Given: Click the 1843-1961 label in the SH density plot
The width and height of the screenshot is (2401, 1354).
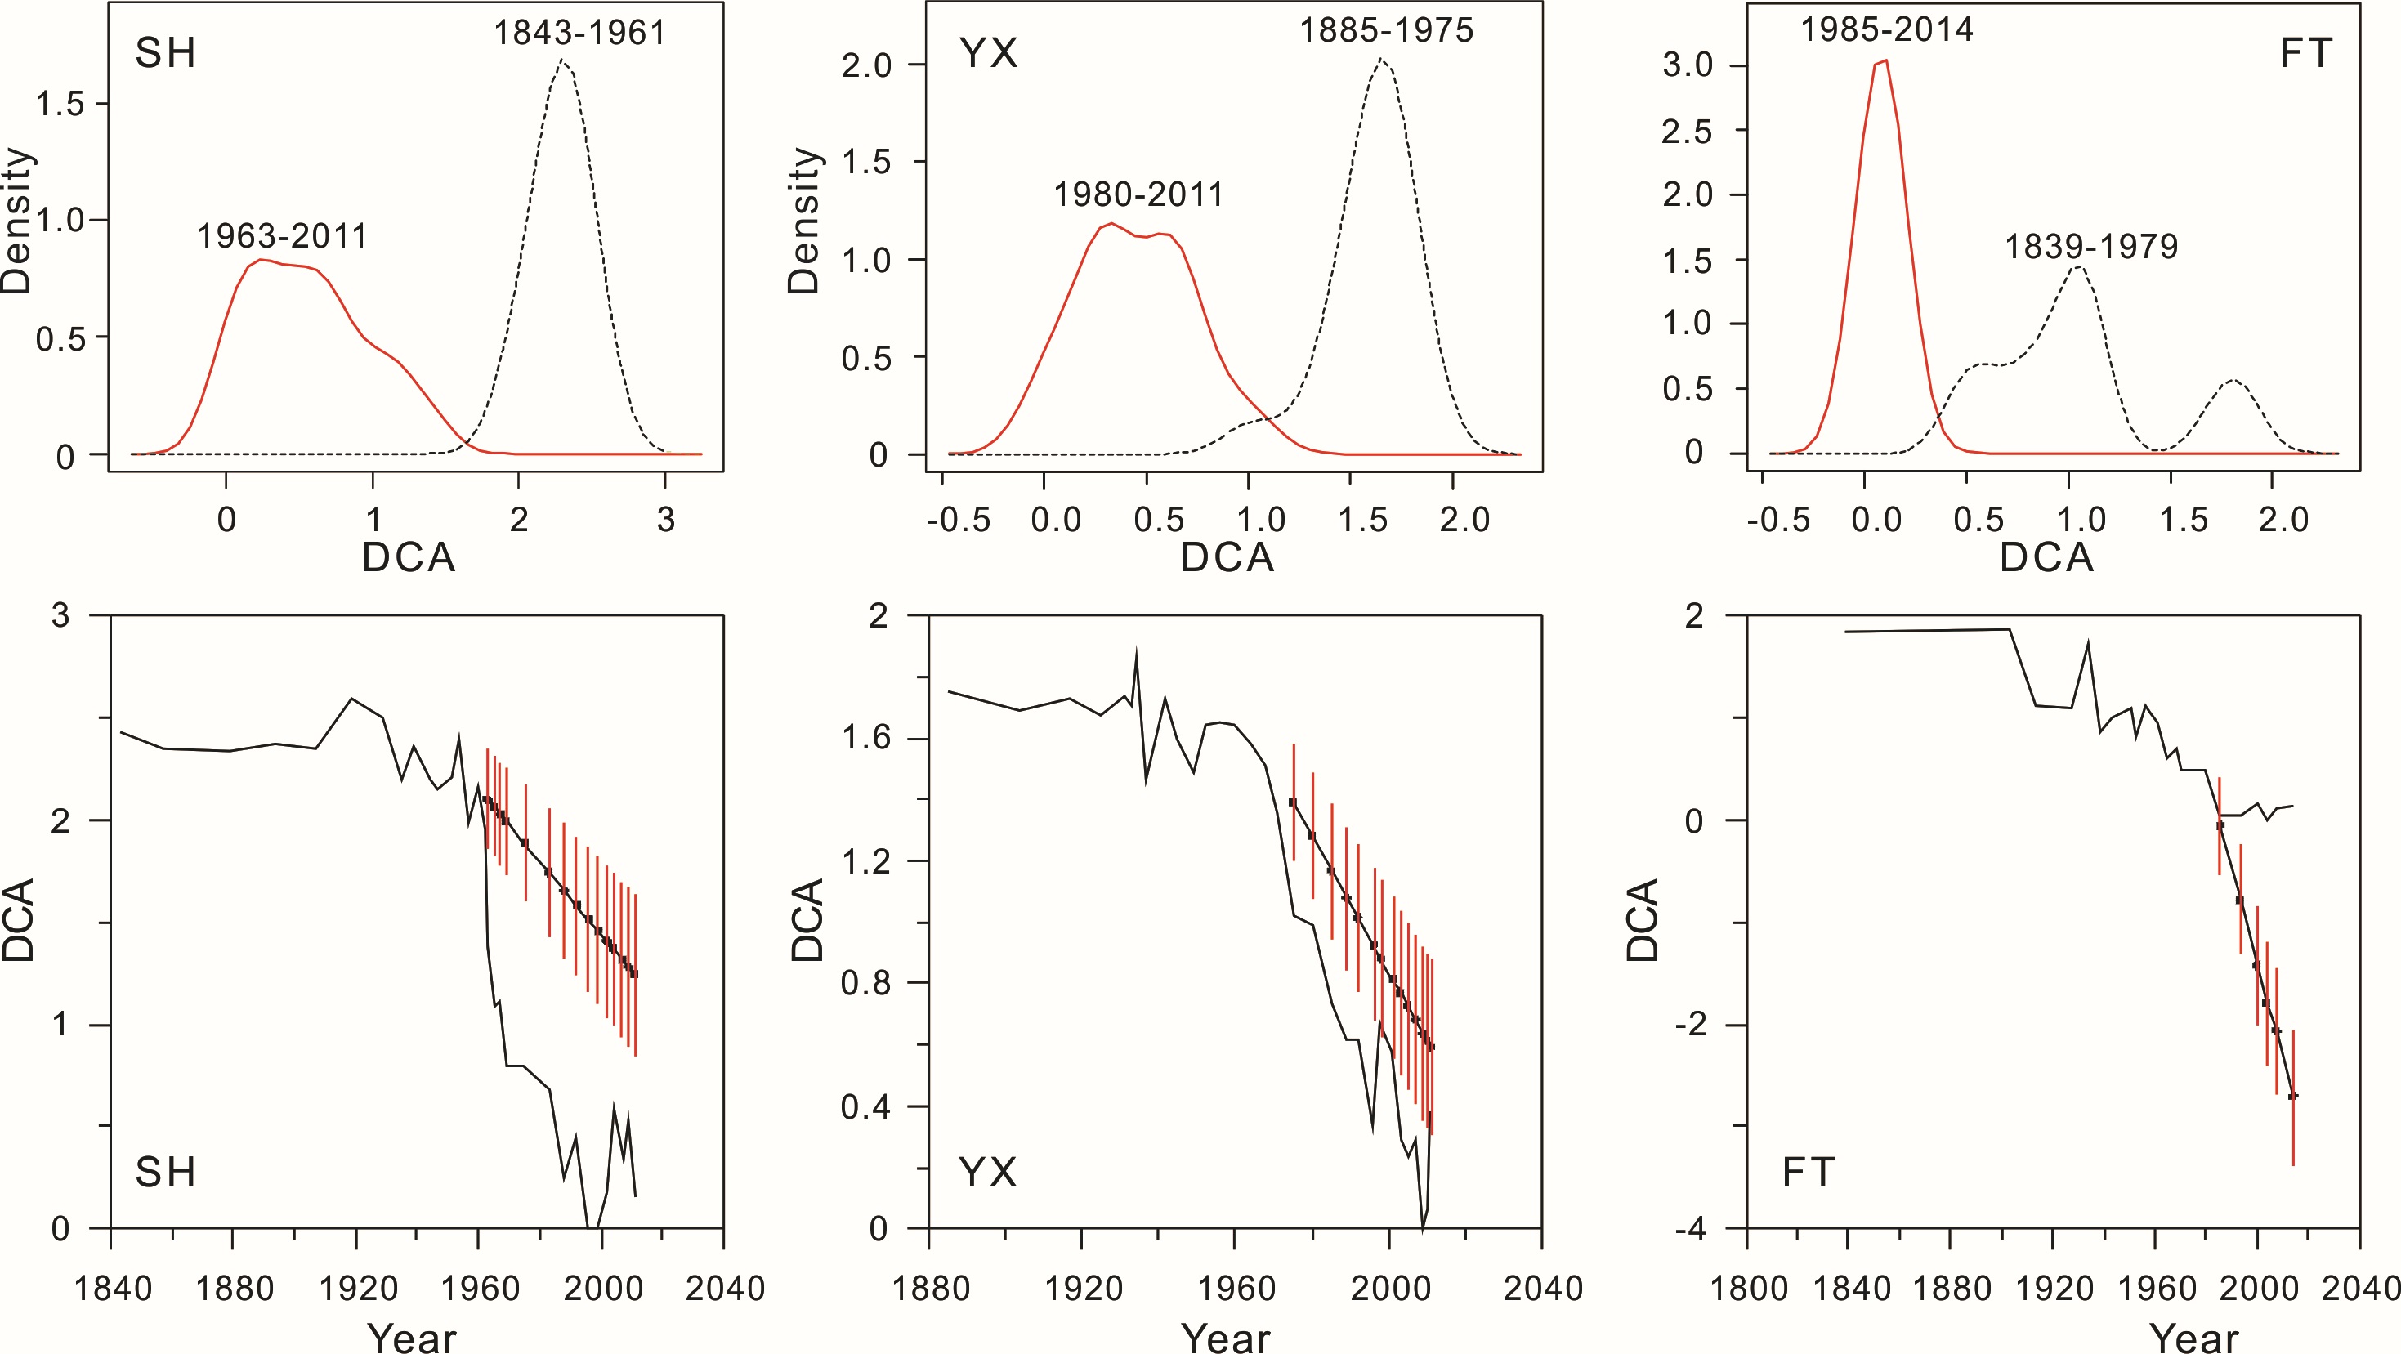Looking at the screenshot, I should pyautogui.click(x=579, y=34).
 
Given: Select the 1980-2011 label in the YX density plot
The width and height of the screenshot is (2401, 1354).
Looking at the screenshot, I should pyautogui.click(x=1138, y=194).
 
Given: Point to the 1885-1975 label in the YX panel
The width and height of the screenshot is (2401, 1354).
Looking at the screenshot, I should pyautogui.click(x=1386, y=31).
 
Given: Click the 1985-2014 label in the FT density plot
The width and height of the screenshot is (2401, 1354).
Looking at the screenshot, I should pyautogui.click(x=1885, y=29).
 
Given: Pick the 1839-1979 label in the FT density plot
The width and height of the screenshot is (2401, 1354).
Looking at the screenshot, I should pyautogui.click(x=2090, y=247).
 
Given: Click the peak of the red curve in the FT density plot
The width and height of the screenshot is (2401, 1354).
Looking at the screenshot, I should pyautogui.click(x=1885, y=61).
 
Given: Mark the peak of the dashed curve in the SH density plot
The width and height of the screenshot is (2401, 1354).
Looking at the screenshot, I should pyautogui.click(x=562, y=60).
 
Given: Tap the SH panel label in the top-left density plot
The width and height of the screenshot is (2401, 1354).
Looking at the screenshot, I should pyautogui.click(x=165, y=52).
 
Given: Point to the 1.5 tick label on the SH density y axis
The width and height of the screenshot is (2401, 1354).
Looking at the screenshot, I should pyautogui.click(x=59, y=105).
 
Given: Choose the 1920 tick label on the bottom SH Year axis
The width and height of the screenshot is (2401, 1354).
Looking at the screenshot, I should pyautogui.click(x=358, y=1289).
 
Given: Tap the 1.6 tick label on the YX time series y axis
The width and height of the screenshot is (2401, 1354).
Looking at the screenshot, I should pyautogui.click(x=864, y=739).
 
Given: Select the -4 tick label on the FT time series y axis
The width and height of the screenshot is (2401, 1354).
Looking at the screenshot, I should pyautogui.click(x=1693, y=1229).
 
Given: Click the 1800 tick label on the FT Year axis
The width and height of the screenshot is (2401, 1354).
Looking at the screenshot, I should pyautogui.click(x=1749, y=1289).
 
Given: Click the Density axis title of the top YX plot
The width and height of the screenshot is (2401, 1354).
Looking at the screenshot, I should pyautogui.click(x=803, y=221).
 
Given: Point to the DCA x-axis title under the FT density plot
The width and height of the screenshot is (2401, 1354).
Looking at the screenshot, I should pyautogui.click(x=2047, y=558).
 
